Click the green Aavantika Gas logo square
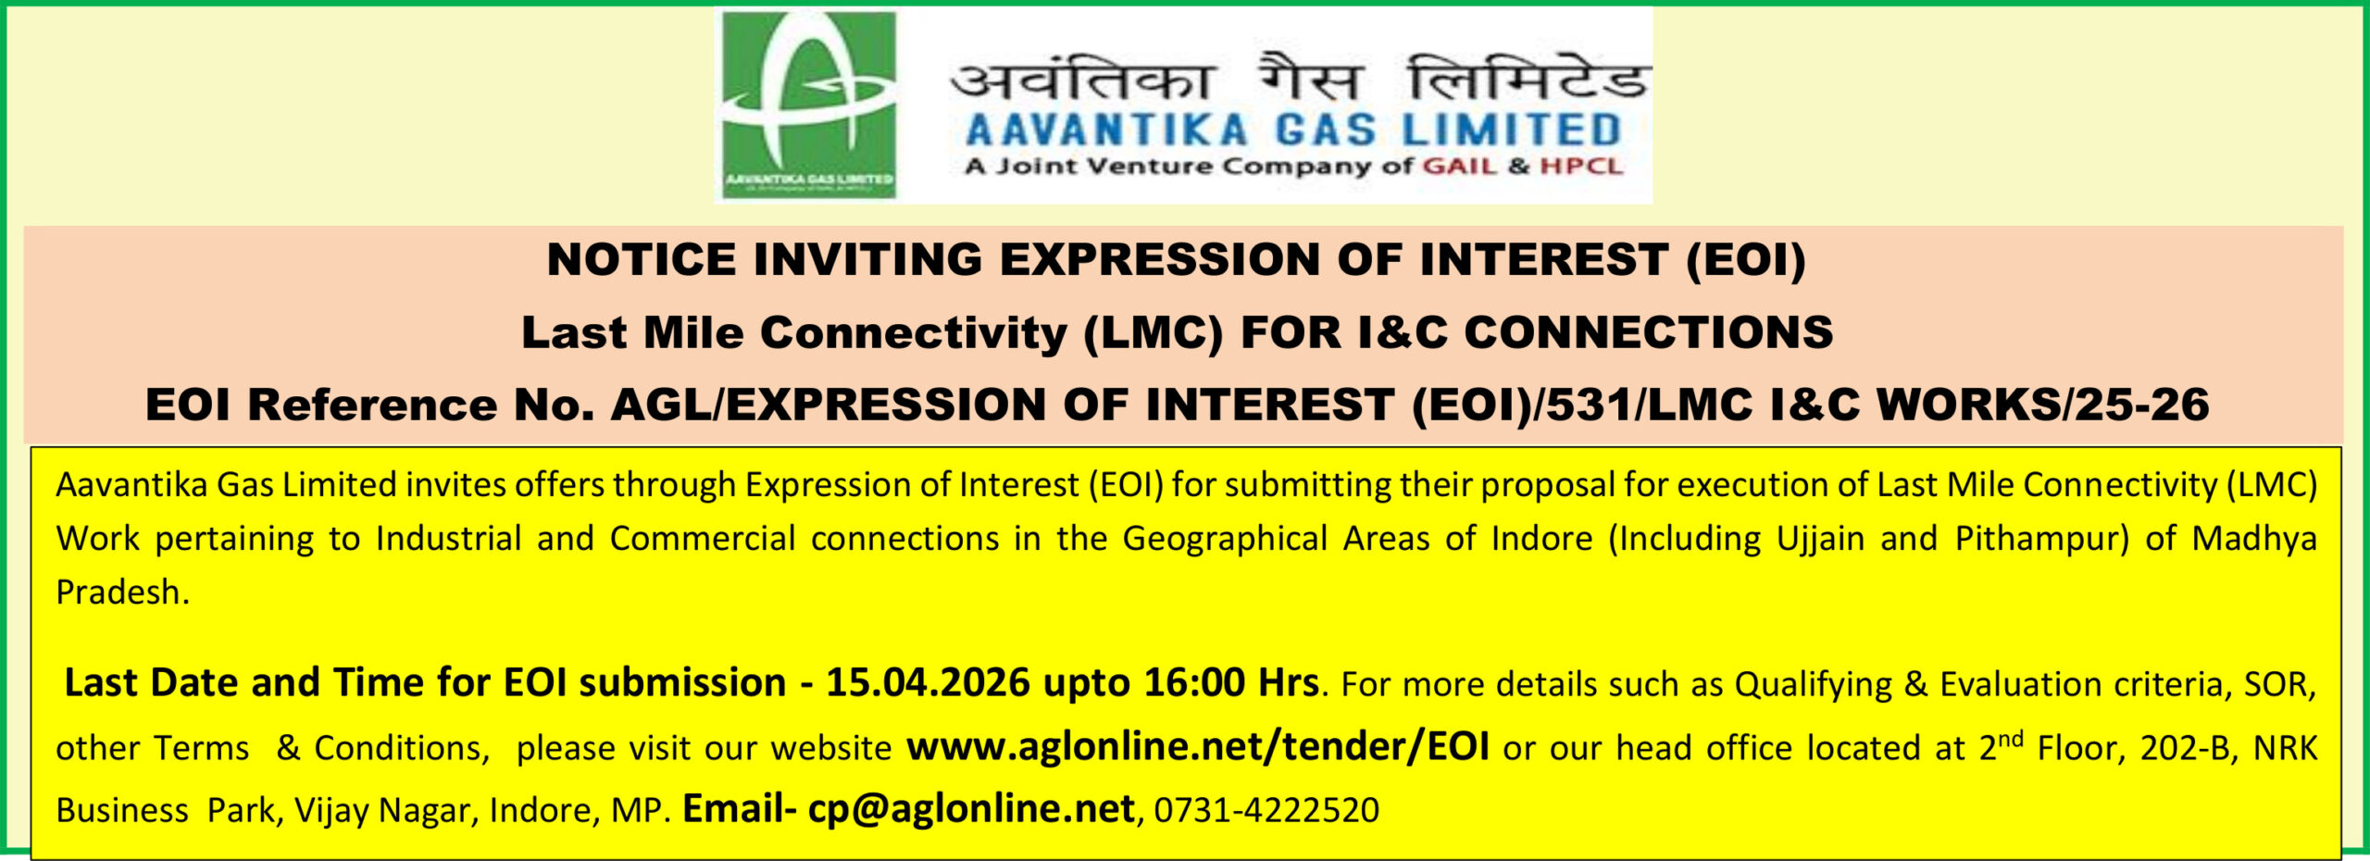coord(809,105)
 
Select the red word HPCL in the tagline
coord(1581,167)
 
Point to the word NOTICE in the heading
coord(642,259)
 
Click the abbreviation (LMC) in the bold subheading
coord(1154,333)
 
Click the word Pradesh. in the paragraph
coord(122,593)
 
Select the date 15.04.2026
coord(928,683)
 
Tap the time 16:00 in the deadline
coord(1194,683)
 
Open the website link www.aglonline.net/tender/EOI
coord(1198,747)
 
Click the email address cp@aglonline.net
coord(971,809)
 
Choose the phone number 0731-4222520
coord(1266,811)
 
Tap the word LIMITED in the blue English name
coord(1511,130)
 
